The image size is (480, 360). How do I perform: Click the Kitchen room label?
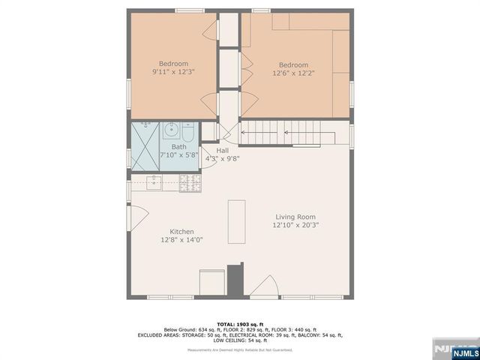[181, 232]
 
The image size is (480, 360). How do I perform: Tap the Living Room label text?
[295, 217]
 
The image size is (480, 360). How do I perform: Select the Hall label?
[222, 151]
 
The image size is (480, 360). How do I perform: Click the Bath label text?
[178, 147]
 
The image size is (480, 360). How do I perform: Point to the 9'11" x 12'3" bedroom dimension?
[173, 72]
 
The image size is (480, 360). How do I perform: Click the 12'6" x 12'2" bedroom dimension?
[294, 73]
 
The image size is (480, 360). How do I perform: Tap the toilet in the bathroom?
[188, 133]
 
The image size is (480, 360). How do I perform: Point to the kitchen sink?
[154, 181]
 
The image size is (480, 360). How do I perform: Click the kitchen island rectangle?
[236, 221]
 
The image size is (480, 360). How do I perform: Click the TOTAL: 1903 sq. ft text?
[240, 324]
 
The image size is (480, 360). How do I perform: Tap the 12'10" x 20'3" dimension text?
[295, 225]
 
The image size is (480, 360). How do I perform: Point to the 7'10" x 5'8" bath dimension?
[178, 154]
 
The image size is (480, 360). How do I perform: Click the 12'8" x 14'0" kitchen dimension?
[181, 240]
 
